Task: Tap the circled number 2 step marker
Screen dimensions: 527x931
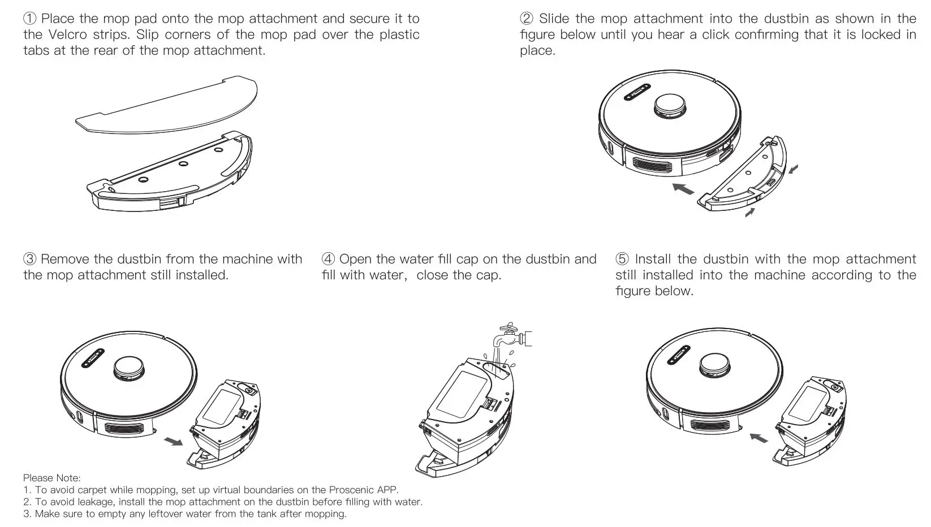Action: pyautogui.click(x=527, y=19)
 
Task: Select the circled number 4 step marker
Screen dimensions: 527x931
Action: pyautogui.click(x=328, y=260)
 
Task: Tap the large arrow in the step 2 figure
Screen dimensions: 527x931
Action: pyautogui.click(x=684, y=189)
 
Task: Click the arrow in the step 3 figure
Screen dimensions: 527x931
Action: pyautogui.click(x=173, y=440)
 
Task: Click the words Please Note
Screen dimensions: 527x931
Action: pyautogui.click(x=52, y=478)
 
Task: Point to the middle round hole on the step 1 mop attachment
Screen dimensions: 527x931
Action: pyautogui.click(x=183, y=164)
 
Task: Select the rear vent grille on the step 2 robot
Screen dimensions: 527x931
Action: pyautogui.click(x=652, y=165)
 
